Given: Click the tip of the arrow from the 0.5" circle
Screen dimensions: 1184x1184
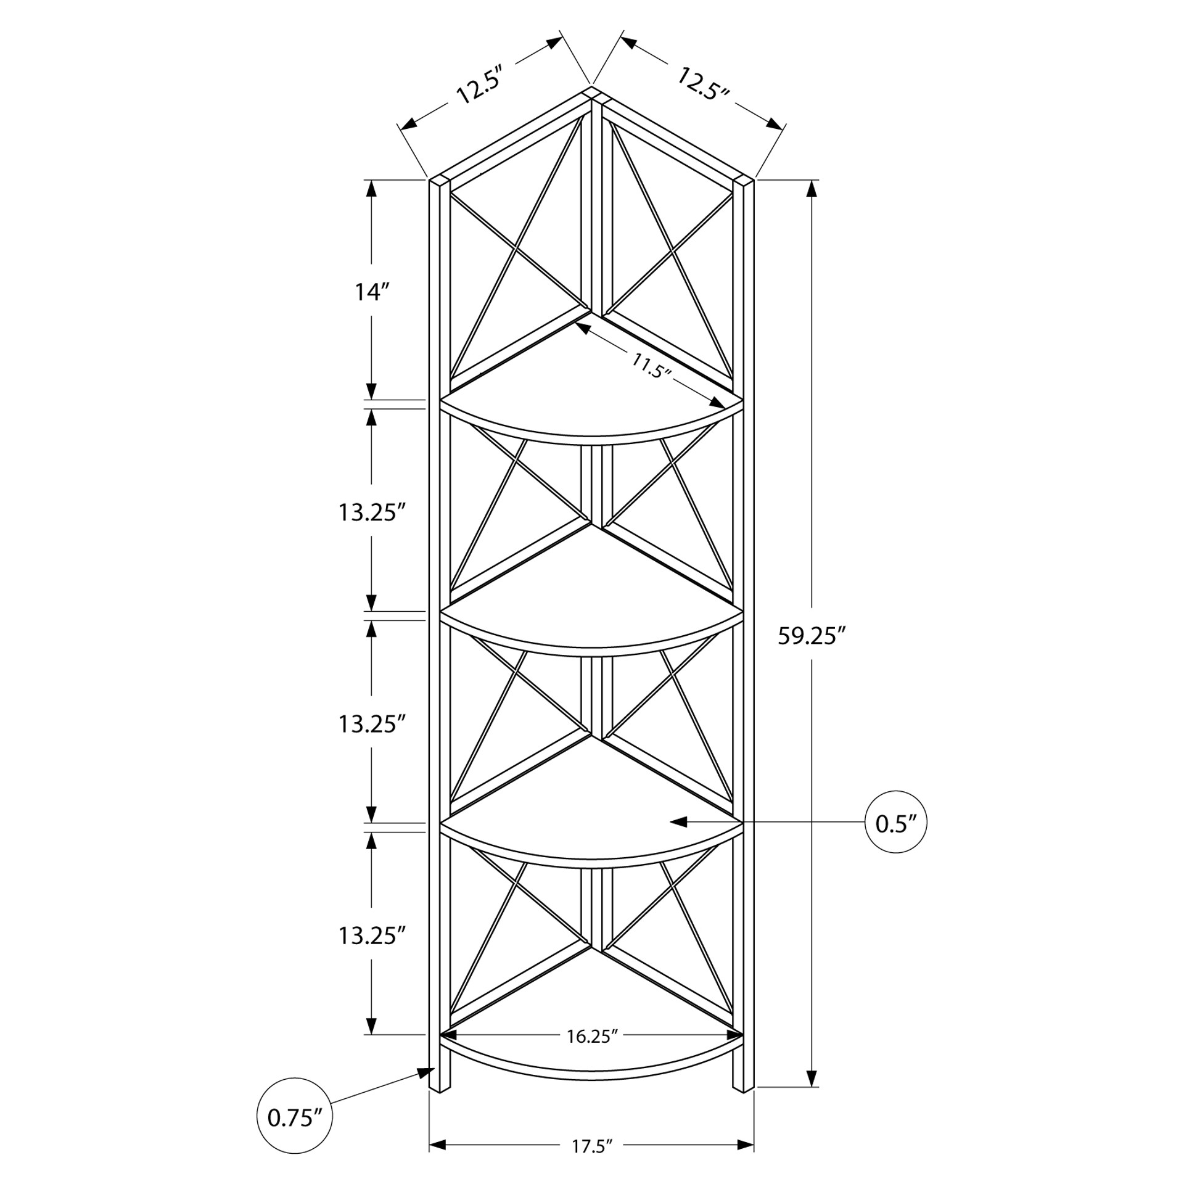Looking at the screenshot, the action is point(670,822).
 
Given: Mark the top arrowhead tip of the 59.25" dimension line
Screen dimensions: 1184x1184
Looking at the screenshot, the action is point(813,180).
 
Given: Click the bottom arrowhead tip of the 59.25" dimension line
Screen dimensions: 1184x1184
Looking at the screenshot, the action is point(813,1104).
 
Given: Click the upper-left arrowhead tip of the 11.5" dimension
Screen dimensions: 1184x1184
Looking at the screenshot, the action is point(575,325).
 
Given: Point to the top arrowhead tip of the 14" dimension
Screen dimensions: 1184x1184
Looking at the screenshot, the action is point(371,180).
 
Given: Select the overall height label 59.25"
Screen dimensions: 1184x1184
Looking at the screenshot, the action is point(811,636).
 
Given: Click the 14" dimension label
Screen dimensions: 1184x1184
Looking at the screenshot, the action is point(372,292).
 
